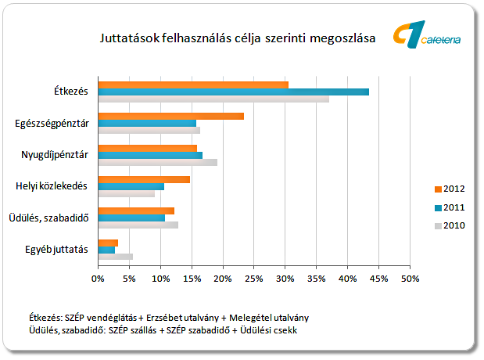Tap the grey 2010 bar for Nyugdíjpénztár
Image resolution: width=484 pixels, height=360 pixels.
[157, 162]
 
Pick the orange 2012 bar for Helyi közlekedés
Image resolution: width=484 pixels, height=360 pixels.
[144, 179]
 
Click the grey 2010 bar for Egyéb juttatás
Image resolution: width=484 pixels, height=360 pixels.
[115, 257]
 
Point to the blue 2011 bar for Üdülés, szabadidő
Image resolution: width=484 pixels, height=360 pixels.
[131, 218]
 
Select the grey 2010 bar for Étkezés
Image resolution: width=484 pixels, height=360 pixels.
[213, 99]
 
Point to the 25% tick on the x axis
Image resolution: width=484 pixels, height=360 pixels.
[254, 277]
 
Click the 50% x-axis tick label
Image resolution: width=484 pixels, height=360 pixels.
[411, 277]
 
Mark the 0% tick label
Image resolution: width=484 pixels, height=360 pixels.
[98, 277]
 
